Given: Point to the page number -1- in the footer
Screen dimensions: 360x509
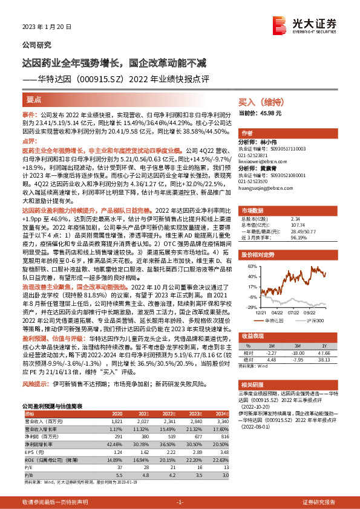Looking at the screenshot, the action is coord(180,502).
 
